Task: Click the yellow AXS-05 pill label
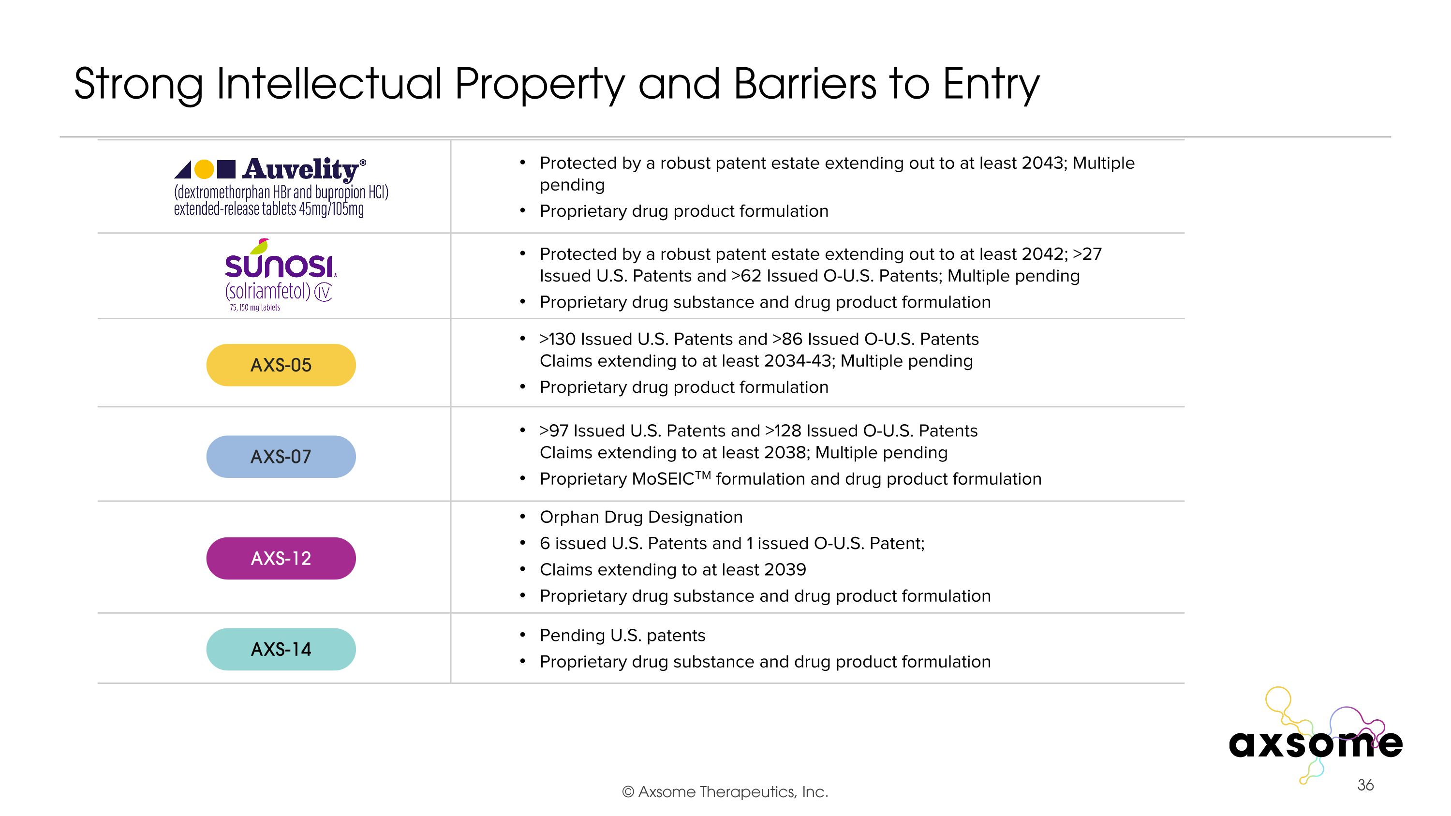pos(281,365)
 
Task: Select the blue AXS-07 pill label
pos(281,457)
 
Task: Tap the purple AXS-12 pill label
pos(281,558)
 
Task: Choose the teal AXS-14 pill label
pos(281,649)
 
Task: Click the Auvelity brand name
pos(301,169)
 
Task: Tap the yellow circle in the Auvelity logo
pos(204,169)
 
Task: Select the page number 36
pos(1365,785)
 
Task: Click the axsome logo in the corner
pos(1315,743)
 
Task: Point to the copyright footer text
pos(725,792)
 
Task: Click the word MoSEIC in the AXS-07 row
pos(663,479)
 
